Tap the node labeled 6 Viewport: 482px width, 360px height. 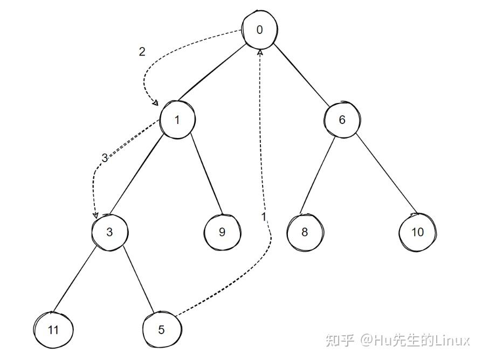341,120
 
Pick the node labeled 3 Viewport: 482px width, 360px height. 109,232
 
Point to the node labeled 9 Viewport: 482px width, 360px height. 222,232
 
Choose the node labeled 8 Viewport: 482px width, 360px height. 305,233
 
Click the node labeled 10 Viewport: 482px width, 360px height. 417,233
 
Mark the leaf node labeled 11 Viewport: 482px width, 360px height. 53,330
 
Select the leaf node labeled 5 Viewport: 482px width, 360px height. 162,330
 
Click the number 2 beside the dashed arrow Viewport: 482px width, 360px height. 142,52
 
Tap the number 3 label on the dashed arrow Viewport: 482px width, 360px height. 105,158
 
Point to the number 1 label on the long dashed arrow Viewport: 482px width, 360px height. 264,217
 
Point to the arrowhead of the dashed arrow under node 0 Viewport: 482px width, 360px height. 260,52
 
